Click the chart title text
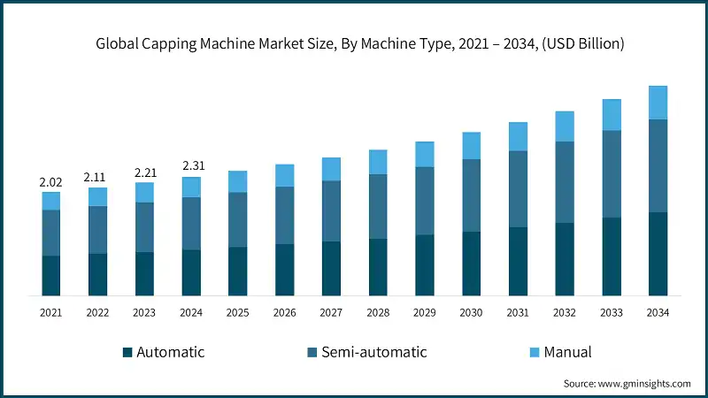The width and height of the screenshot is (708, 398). tap(354, 44)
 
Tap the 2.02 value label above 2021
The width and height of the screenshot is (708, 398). tap(51, 181)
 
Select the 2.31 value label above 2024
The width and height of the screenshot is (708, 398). tap(191, 165)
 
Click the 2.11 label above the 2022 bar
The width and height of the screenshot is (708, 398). tap(97, 177)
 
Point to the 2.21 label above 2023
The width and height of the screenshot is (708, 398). tap(144, 172)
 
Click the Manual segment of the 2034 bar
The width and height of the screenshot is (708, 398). tap(658, 103)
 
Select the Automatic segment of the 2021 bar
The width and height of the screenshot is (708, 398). tap(51, 275)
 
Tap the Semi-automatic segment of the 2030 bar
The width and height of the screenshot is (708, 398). tap(472, 195)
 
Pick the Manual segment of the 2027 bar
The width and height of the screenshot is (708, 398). tap(331, 169)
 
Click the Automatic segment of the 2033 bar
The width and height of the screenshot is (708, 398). tap(611, 256)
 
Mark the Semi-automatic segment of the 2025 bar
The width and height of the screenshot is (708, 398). tap(238, 219)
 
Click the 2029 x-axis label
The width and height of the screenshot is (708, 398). tap(425, 312)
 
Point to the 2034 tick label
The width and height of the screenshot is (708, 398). tap(658, 312)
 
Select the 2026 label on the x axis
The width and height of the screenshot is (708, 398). tap(284, 312)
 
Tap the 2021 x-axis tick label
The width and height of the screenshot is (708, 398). tap(51, 312)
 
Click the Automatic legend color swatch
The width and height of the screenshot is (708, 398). tap(127, 353)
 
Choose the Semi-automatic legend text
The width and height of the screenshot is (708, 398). tap(373, 352)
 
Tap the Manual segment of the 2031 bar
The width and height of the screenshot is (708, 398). tap(518, 136)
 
